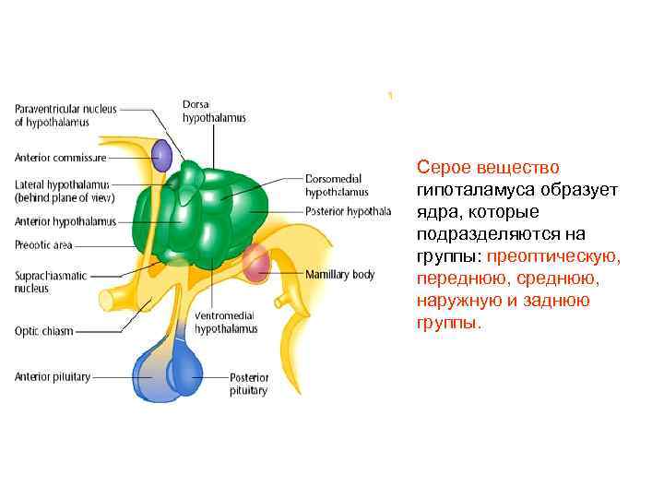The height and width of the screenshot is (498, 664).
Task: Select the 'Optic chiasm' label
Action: [43, 331]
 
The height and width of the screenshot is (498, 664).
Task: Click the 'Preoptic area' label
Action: [43, 245]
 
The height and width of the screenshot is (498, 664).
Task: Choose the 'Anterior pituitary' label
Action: [52, 375]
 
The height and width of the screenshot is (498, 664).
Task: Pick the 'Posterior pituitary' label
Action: [250, 384]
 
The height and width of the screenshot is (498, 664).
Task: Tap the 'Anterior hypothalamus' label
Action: [65, 221]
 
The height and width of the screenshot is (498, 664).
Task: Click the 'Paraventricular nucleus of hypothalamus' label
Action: [65, 114]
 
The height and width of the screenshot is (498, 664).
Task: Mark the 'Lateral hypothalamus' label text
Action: [62, 191]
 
